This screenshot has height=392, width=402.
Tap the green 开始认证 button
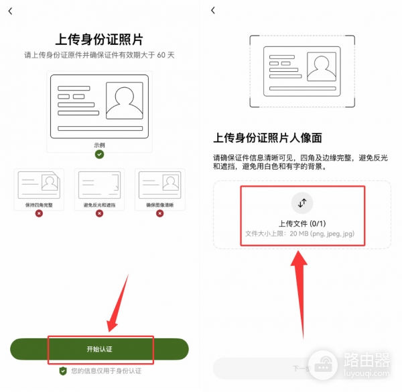(x=99, y=350)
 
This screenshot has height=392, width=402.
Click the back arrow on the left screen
(x=10, y=11)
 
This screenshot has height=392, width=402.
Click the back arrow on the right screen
(x=213, y=11)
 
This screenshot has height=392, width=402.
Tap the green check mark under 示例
(x=99, y=154)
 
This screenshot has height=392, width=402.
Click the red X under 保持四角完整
(x=39, y=213)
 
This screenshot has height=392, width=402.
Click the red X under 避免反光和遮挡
(x=99, y=213)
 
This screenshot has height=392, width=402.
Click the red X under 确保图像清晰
(x=159, y=213)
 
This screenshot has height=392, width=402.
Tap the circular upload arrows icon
(x=301, y=203)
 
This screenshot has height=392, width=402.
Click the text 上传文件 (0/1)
(x=301, y=223)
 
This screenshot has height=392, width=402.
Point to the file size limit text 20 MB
(x=301, y=234)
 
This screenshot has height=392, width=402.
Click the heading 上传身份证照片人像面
(x=268, y=138)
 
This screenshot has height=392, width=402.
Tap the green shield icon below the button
(x=63, y=371)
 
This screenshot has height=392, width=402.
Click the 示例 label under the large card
(x=99, y=144)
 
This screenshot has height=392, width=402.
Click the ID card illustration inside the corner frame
(x=301, y=70)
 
